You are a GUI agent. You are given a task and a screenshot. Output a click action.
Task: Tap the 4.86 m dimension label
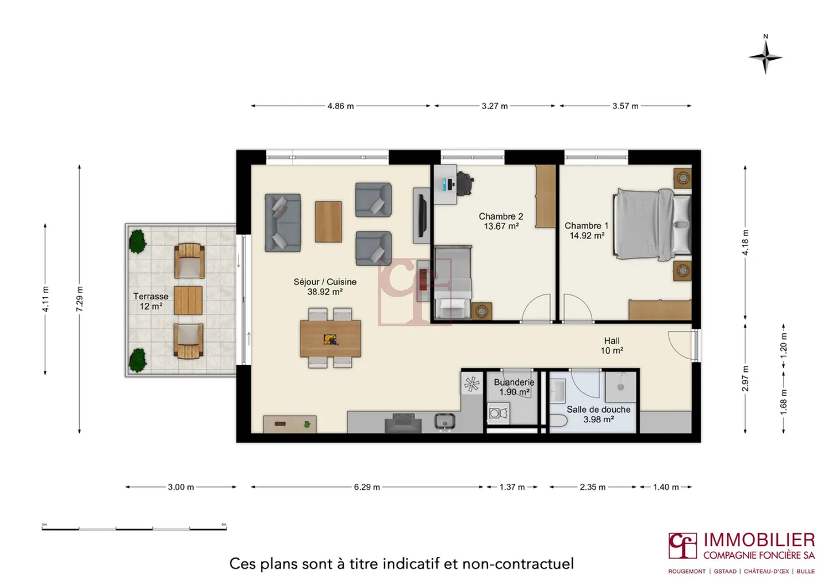(340, 106)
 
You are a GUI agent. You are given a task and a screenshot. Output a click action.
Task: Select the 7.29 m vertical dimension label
(80, 299)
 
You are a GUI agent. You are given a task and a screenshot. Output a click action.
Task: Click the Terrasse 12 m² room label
(151, 301)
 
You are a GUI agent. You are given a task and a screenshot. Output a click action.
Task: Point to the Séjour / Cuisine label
(325, 287)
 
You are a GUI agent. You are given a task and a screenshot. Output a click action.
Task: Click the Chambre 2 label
(501, 221)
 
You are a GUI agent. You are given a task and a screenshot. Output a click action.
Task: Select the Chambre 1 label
(586, 230)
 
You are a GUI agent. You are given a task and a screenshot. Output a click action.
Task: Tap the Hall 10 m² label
(612, 345)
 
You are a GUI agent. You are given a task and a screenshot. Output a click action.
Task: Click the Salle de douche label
(598, 414)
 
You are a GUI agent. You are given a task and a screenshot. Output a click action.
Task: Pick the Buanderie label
(514, 387)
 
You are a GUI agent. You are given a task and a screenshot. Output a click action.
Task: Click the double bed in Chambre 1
(651, 223)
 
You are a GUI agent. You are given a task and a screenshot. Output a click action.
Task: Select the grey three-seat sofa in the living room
(282, 223)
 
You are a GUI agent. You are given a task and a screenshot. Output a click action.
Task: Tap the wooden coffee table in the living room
(328, 221)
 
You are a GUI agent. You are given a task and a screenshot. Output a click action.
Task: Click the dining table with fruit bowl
(331, 338)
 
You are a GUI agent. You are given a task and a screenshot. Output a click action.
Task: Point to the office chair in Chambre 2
(464, 184)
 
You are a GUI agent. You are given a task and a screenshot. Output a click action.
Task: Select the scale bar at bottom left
(134, 528)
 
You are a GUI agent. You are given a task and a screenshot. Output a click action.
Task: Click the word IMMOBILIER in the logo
(758, 540)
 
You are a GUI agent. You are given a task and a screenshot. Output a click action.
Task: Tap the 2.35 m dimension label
(592, 487)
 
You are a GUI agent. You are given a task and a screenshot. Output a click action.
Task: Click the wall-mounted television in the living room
(421, 215)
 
